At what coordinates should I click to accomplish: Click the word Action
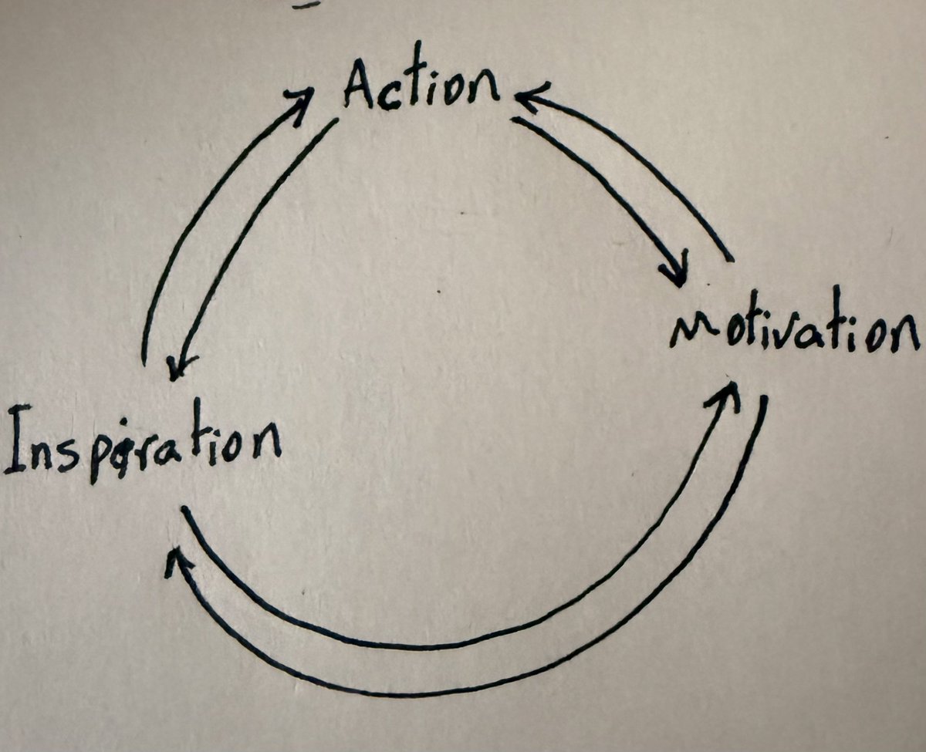pos(421,78)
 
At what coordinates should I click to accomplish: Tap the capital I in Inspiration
pos(18,439)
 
